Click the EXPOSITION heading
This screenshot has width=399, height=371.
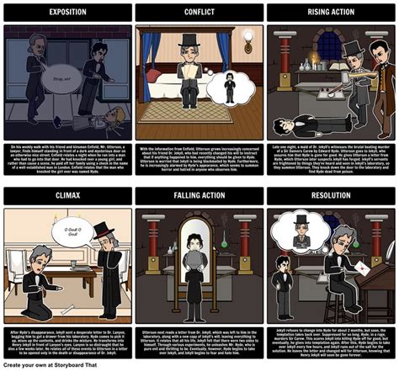coord(66,13)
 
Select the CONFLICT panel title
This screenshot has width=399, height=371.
coord(199,13)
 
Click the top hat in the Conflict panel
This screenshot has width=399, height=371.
coord(187,40)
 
